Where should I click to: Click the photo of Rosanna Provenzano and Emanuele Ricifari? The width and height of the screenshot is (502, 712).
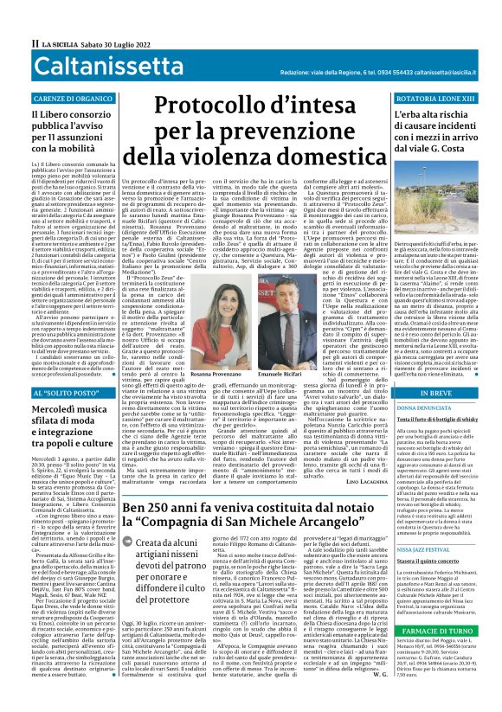pos(250,298)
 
